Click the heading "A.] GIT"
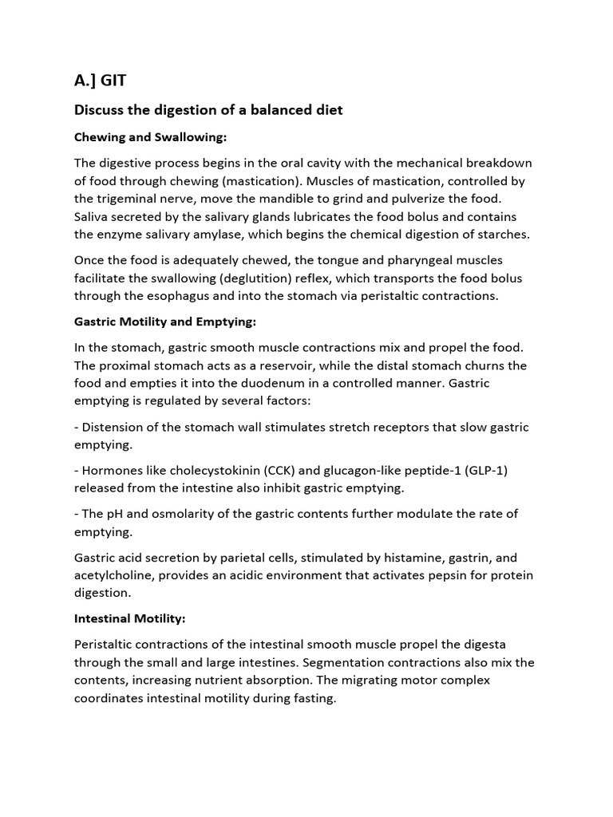pos(100,80)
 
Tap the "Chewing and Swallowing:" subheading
pos(151,137)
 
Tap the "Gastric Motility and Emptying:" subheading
pos(165,322)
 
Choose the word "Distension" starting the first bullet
pos(113,427)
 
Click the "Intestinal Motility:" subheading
pos(129,618)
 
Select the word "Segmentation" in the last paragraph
pos(373,662)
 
